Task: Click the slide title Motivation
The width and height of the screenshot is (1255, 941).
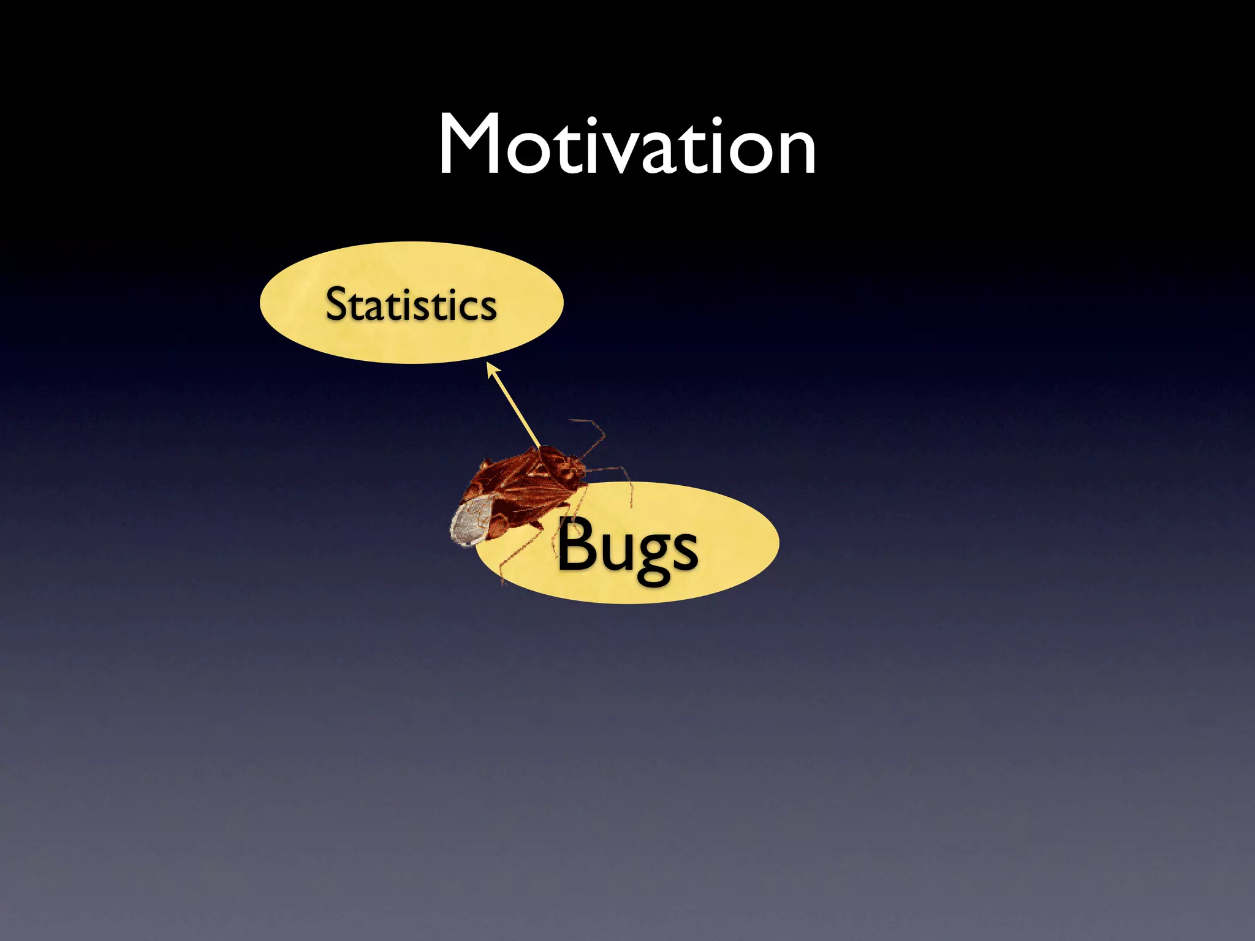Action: click(627, 145)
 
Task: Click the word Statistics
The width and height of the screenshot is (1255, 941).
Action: click(411, 304)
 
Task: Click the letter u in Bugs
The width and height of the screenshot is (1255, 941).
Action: click(615, 550)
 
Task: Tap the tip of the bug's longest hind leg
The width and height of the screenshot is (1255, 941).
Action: click(503, 582)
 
